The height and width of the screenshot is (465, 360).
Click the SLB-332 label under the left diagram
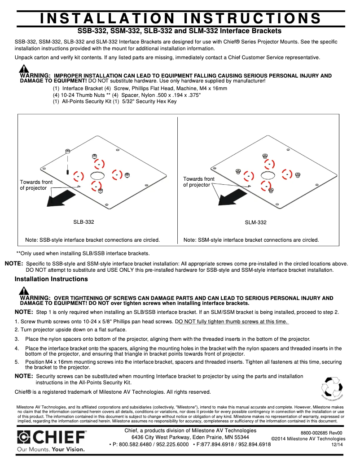[83, 222]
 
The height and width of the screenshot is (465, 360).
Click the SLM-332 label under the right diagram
[255, 222]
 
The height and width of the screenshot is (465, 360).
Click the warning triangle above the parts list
[24, 69]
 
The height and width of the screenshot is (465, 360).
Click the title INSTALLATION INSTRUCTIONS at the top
[180, 18]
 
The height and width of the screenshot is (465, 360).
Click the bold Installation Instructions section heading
[51, 279]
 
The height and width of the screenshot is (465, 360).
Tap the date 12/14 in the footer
[337, 444]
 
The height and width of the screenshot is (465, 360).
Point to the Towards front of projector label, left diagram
[36, 185]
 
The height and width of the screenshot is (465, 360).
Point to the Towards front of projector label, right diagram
[198, 182]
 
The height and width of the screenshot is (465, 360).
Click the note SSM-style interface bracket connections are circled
[251, 240]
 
